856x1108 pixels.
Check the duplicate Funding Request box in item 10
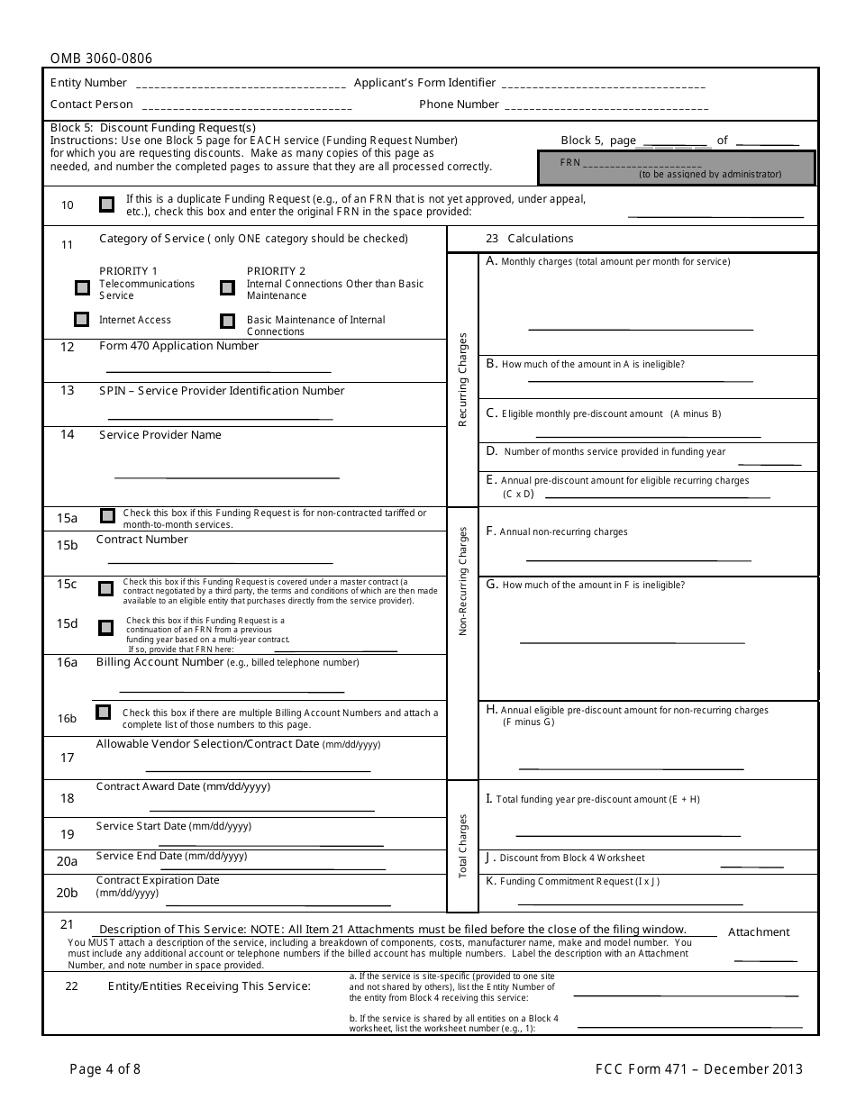click(x=107, y=204)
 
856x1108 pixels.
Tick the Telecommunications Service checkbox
click(x=83, y=288)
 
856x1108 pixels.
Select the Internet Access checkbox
click(x=82, y=319)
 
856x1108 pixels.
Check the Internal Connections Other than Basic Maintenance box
click(x=227, y=288)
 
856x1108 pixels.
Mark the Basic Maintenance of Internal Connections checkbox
click(x=227, y=320)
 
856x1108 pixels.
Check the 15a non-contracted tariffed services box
click(x=107, y=516)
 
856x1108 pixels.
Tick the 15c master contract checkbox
click(x=105, y=588)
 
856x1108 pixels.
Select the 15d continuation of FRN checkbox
click(x=105, y=627)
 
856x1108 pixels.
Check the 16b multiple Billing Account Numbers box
click(x=104, y=712)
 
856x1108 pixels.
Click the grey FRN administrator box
click(x=676, y=168)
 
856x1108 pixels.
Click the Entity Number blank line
click(x=240, y=86)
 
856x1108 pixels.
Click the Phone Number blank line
click(x=606, y=107)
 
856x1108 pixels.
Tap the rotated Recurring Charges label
click(x=463, y=379)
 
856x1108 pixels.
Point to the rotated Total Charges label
click(x=463, y=846)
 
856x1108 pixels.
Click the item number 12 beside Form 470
click(x=68, y=347)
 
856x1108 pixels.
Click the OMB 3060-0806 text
click(x=101, y=59)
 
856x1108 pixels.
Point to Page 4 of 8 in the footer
click(x=105, y=1069)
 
